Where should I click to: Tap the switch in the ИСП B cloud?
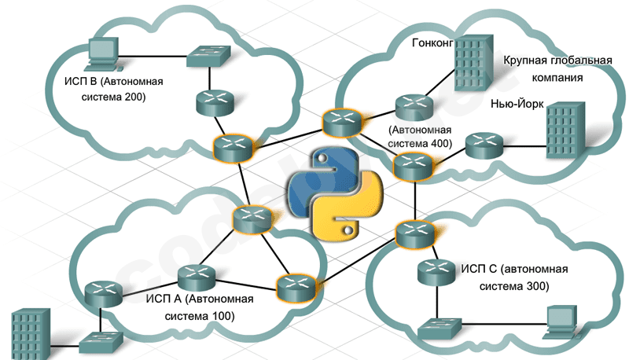click(x=209, y=55)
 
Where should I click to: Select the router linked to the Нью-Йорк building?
click(x=482, y=145)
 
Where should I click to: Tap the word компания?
click(x=554, y=79)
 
